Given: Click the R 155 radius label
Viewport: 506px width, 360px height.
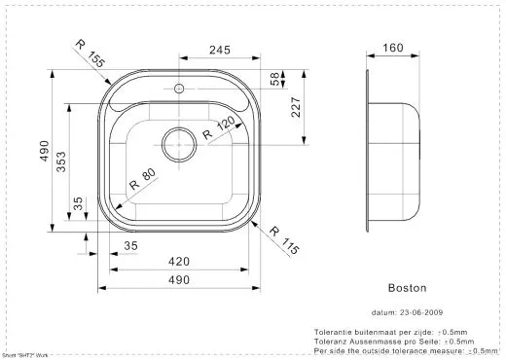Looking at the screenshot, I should pos(90,54).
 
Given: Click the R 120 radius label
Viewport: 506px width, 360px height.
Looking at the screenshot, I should pos(221,129).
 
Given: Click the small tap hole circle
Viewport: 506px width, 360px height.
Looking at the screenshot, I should pos(178,90).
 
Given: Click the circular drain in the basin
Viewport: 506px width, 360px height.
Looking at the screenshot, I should pos(179,144).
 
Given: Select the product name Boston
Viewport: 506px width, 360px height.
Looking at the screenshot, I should pos(408,288).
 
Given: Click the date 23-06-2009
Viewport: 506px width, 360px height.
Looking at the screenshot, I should pos(420,313).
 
